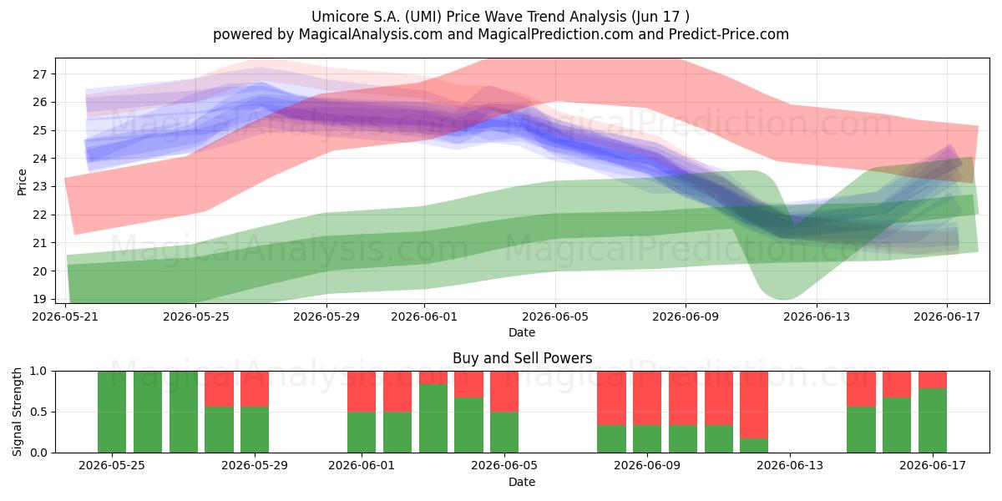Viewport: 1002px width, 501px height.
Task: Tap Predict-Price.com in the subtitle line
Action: pos(729,34)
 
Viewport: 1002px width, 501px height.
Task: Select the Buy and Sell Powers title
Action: pos(522,358)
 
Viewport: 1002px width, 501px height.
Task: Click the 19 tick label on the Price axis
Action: pos(39,299)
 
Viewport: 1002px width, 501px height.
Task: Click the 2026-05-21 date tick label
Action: pos(65,316)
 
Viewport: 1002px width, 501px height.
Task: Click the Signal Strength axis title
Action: pos(17,412)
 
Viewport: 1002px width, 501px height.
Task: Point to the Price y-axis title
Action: pos(22,182)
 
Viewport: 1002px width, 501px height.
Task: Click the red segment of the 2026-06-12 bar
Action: pos(754,405)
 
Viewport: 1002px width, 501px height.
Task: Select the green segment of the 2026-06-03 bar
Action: pos(433,418)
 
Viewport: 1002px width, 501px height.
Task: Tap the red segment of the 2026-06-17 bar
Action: pos(933,380)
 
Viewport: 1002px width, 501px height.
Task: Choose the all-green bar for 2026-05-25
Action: pos(112,412)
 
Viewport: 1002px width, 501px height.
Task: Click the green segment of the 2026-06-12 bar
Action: pos(754,446)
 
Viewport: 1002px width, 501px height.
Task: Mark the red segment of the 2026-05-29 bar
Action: pos(255,389)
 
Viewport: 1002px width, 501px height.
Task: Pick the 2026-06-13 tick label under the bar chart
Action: pos(790,466)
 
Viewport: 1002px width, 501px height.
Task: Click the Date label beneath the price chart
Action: pos(522,332)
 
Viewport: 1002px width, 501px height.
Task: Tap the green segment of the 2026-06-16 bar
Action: pos(897,425)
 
